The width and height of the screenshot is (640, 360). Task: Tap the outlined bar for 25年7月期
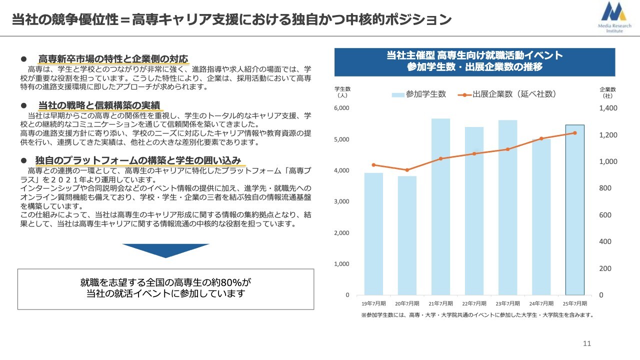[x=574, y=210]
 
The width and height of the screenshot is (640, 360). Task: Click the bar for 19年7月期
[x=373, y=234]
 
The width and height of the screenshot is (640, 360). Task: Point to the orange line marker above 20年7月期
[x=407, y=170]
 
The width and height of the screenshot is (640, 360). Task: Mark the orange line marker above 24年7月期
[x=541, y=138]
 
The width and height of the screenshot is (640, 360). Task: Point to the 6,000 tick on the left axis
[x=342, y=108]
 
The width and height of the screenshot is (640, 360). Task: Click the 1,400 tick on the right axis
[x=608, y=108]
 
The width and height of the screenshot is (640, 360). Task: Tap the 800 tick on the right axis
[x=605, y=188]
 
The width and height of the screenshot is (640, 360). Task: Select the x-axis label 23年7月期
[x=507, y=303]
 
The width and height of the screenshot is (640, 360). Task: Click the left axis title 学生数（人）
[x=342, y=92]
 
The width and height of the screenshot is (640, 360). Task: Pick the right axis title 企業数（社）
[x=607, y=92]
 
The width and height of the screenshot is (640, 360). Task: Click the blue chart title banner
[x=474, y=61]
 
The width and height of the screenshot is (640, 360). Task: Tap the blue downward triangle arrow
[x=165, y=250]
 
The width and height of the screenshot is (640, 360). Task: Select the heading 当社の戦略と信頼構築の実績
[x=99, y=105]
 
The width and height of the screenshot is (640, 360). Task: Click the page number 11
[x=587, y=343]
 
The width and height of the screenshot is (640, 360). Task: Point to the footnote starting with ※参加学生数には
[x=477, y=315]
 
